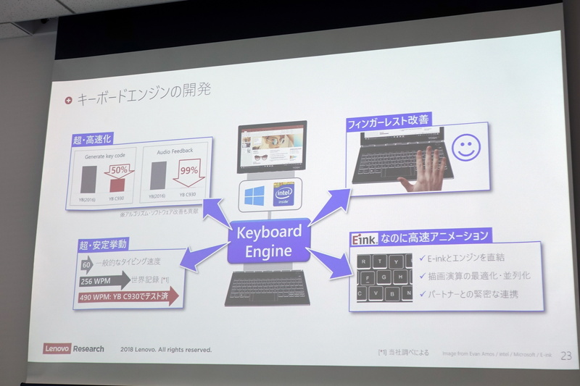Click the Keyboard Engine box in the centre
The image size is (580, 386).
tap(269, 240)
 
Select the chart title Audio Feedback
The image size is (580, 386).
tap(173, 151)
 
